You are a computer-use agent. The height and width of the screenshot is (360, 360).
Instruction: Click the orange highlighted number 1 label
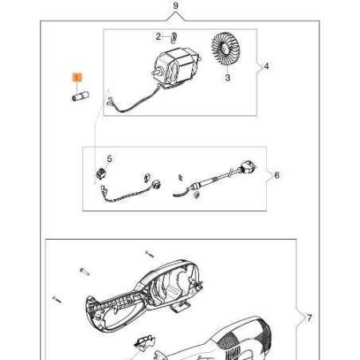(x=76, y=77)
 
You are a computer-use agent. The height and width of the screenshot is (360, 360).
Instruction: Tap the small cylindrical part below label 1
(x=79, y=97)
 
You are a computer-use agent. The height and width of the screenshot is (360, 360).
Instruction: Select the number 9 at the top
(x=177, y=6)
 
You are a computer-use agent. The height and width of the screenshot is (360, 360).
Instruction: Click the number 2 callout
(x=158, y=36)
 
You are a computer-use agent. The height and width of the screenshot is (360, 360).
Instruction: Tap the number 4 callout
(x=266, y=66)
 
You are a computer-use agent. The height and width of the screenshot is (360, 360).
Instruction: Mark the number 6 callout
(x=276, y=176)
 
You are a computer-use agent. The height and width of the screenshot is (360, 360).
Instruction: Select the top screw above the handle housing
(x=148, y=255)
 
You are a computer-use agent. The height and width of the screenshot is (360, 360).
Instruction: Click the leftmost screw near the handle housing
(x=57, y=301)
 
